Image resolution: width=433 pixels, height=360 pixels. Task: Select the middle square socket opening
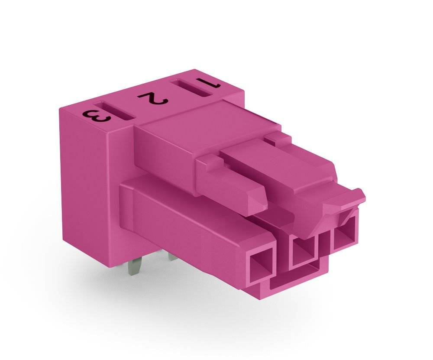(x=303, y=251)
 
